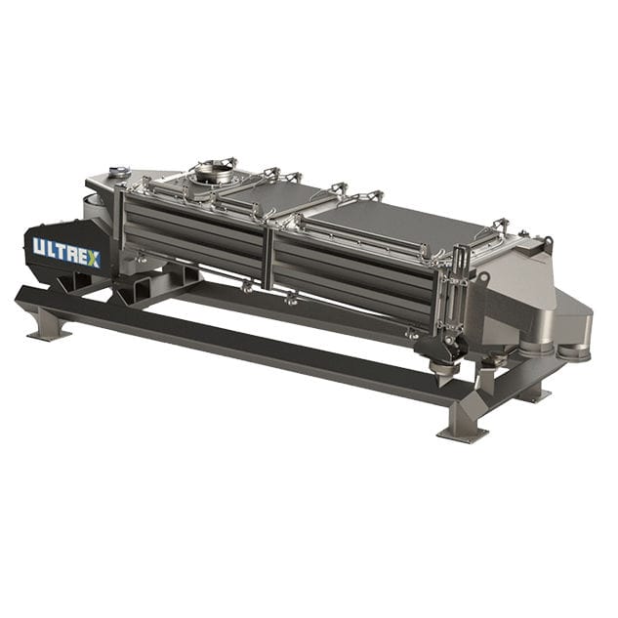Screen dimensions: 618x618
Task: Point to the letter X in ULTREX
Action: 94,258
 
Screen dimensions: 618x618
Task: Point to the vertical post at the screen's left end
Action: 120,227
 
